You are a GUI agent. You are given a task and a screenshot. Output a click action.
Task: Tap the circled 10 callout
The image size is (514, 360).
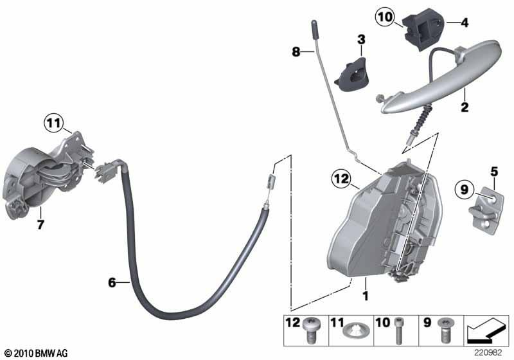click(x=385, y=17)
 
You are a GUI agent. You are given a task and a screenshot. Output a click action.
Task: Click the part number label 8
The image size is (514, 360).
click(x=296, y=51)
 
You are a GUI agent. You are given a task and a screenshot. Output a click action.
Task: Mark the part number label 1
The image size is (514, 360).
click(x=366, y=296)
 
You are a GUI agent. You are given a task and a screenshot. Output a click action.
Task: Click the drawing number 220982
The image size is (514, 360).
click(x=489, y=353)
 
